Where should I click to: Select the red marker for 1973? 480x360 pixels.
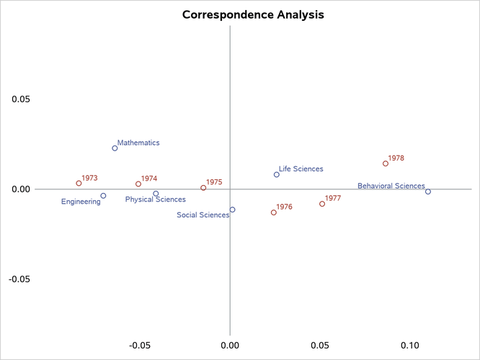[79, 184]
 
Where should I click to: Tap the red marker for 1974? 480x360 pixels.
[138, 184]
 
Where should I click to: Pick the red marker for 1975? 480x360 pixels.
[203, 188]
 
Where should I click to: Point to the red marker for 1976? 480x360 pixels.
[274, 212]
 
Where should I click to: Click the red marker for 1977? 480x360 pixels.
[322, 204]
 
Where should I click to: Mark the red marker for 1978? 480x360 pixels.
[386, 163]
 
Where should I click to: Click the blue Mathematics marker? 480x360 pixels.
[115, 148]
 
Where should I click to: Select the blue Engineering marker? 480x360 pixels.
[103, 196]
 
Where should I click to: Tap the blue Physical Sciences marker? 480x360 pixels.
[156, 194]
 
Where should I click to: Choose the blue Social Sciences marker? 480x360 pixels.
[232, 210]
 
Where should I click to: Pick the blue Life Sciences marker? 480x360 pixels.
[276, 174]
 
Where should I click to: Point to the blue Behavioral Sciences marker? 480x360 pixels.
[428, 192]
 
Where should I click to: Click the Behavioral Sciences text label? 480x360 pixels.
[391, 186]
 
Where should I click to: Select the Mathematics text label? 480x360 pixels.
[138, 143]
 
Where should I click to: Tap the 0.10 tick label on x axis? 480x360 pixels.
[411, 346]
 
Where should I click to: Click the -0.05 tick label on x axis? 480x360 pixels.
[138, 346]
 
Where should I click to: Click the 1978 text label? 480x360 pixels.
[396, 158]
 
